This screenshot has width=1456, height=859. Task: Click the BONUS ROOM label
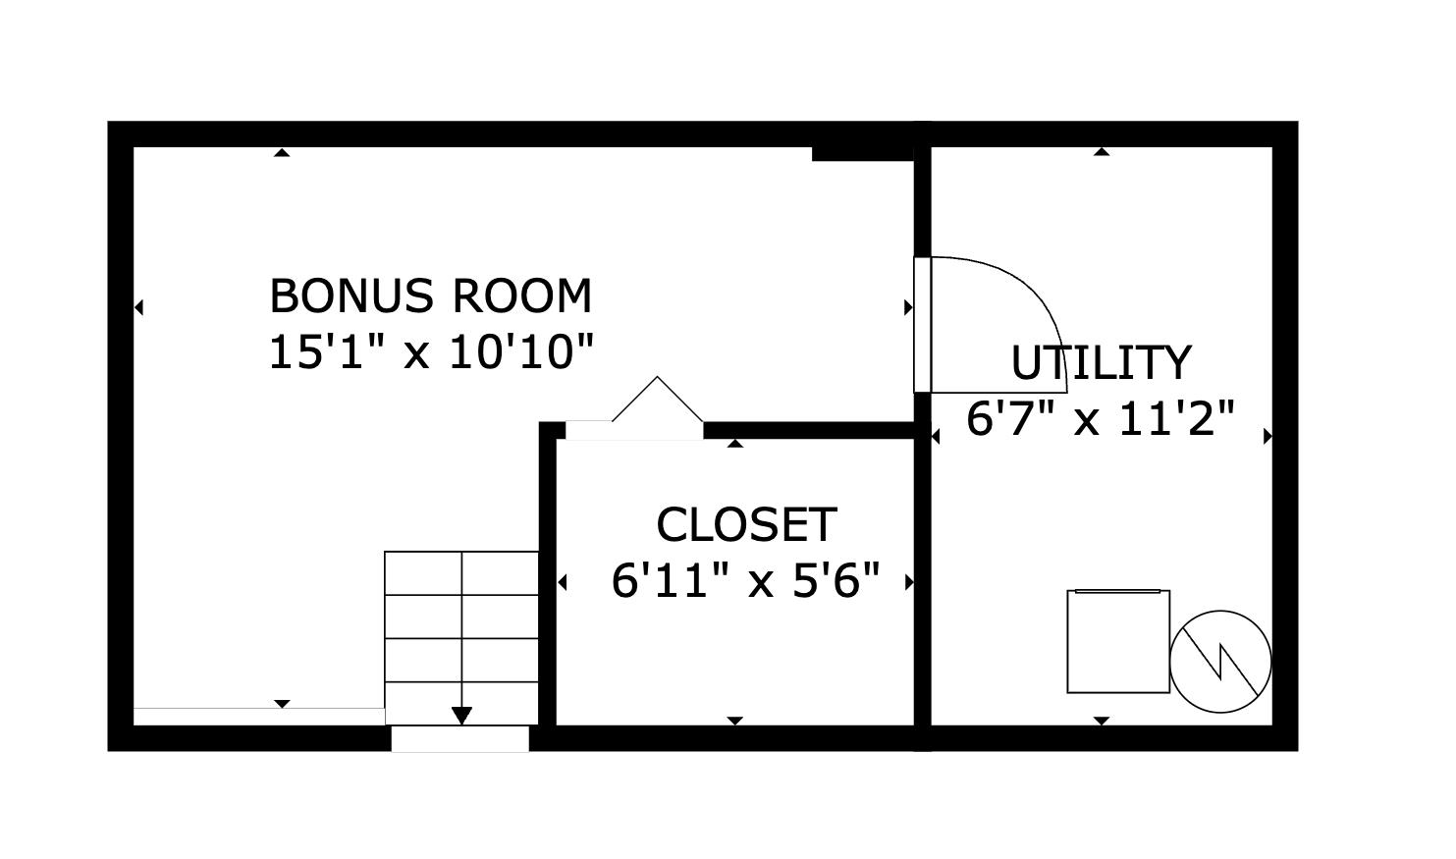click(x=430, y=295)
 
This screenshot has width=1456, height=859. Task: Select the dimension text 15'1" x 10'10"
click(x=431, y=351)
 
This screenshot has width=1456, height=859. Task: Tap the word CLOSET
click(x=745, y=524)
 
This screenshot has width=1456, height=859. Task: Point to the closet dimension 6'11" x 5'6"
click(x=745, y=580)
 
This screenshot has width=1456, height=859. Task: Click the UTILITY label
click(x=1101, y=362)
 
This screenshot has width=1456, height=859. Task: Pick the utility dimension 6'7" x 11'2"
click(x=1101, y=419)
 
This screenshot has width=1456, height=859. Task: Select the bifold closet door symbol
click(x=657, y=403)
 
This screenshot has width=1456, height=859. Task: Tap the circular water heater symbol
click(x=1220, y=661)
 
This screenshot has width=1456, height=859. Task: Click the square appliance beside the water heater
click(x=1118, y=641)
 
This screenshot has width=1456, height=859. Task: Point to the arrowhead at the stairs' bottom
click(x=461, y=716)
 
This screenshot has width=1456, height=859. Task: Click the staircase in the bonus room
click(x=461, y=628)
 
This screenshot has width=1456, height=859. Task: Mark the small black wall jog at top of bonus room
click(x=863, y=153)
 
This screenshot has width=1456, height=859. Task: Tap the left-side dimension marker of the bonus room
click(x=138, y=307)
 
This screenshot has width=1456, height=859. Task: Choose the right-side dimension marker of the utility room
click(x=1267, y=436)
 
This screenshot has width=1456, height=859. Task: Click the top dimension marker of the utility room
click(x=1102, y=152)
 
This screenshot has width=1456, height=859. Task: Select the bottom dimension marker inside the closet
click(x=734, y=721)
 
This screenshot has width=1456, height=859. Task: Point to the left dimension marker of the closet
click(x=562, y=582)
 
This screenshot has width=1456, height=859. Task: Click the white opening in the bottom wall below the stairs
click(x=459, y=738)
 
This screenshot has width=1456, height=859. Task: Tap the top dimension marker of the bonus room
click(x=282, y=152)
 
